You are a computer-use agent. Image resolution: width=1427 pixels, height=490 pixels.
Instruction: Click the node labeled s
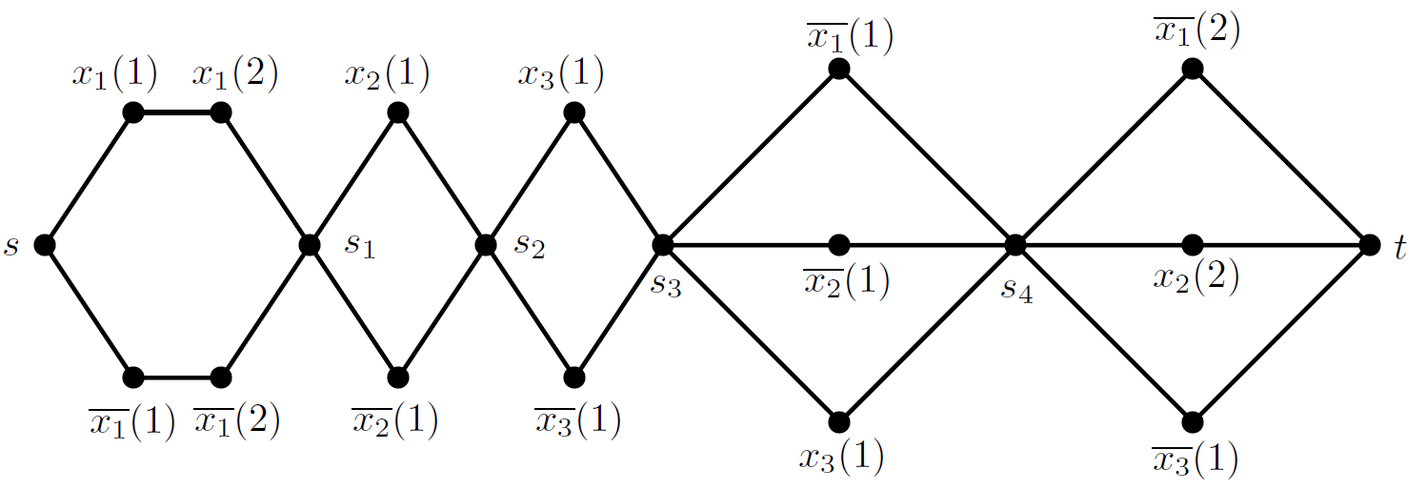pos(44,245)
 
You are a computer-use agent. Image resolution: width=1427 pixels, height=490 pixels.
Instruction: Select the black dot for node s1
pos(309,245)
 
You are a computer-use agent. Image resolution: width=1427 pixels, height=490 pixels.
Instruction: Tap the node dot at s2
pos(485,245)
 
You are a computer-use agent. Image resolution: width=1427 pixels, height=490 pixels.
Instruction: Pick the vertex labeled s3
pos(662,245)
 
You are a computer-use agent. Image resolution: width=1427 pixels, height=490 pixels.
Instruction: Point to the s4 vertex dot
pos(1015,245)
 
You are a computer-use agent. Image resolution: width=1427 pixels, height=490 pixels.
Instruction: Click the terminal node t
pos(1369,245)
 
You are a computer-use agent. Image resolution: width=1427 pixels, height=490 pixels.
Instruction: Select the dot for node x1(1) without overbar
pos(133,113)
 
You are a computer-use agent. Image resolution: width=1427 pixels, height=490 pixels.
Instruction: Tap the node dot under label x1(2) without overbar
pos(221,113)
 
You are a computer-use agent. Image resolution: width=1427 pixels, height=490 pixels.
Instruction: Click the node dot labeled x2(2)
pos(1192,245)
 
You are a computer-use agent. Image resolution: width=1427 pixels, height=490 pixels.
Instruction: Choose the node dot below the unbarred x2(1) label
pos(398,113)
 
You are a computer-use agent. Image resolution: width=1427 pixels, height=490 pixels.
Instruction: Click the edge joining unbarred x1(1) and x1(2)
pos(177,113)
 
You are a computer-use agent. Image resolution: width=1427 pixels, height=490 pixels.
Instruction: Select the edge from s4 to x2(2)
pos(1103,245)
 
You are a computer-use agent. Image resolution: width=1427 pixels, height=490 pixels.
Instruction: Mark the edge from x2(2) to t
pos(1280,245)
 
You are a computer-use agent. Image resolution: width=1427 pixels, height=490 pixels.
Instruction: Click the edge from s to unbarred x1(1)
pos(89,179)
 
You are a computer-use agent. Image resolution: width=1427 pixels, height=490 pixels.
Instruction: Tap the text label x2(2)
pos(1195,277)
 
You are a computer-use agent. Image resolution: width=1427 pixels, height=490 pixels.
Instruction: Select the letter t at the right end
pos(1399,248)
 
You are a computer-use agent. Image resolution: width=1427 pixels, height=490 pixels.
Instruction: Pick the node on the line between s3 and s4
pos(838,245)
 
